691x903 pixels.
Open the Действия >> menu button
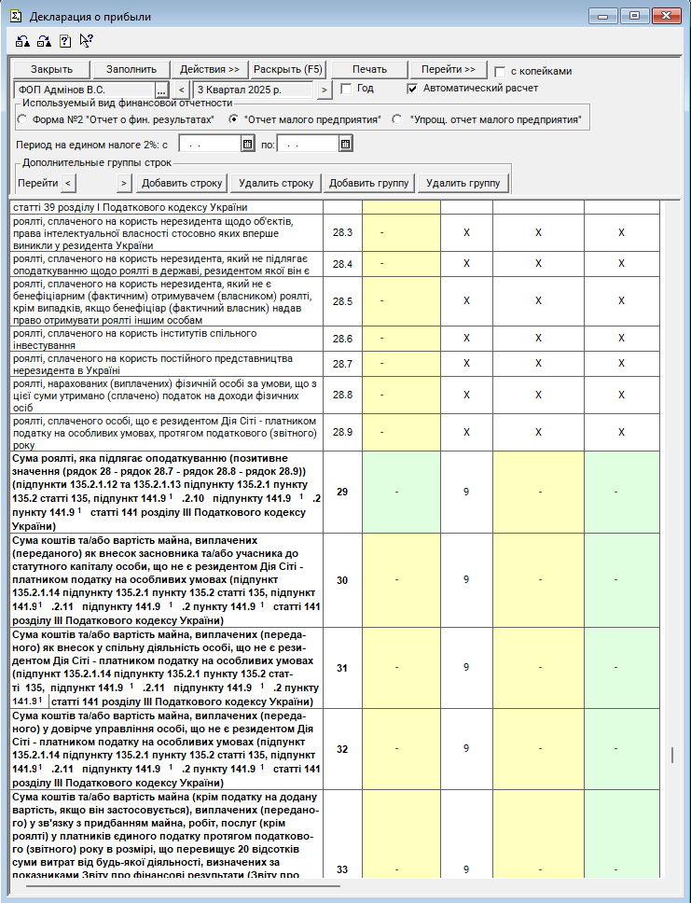point(209,70)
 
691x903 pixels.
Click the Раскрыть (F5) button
point(288,70)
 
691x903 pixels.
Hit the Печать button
point(369,70)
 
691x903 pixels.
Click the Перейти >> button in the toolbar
point(449,70)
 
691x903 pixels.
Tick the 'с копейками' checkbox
point(501,72)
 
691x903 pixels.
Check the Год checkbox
point(346,89)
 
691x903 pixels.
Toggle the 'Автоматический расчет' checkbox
point(413,89)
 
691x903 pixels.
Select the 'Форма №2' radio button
point(22,119)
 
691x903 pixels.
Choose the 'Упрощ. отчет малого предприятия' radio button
point(397,119)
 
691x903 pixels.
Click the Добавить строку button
point(183,183)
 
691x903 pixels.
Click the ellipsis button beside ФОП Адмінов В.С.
point(160,90)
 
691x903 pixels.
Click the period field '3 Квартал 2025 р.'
point(254,90)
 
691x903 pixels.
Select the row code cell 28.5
point(342,301)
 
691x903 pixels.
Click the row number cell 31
point(342,668)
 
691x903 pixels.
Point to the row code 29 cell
point(342,492)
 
